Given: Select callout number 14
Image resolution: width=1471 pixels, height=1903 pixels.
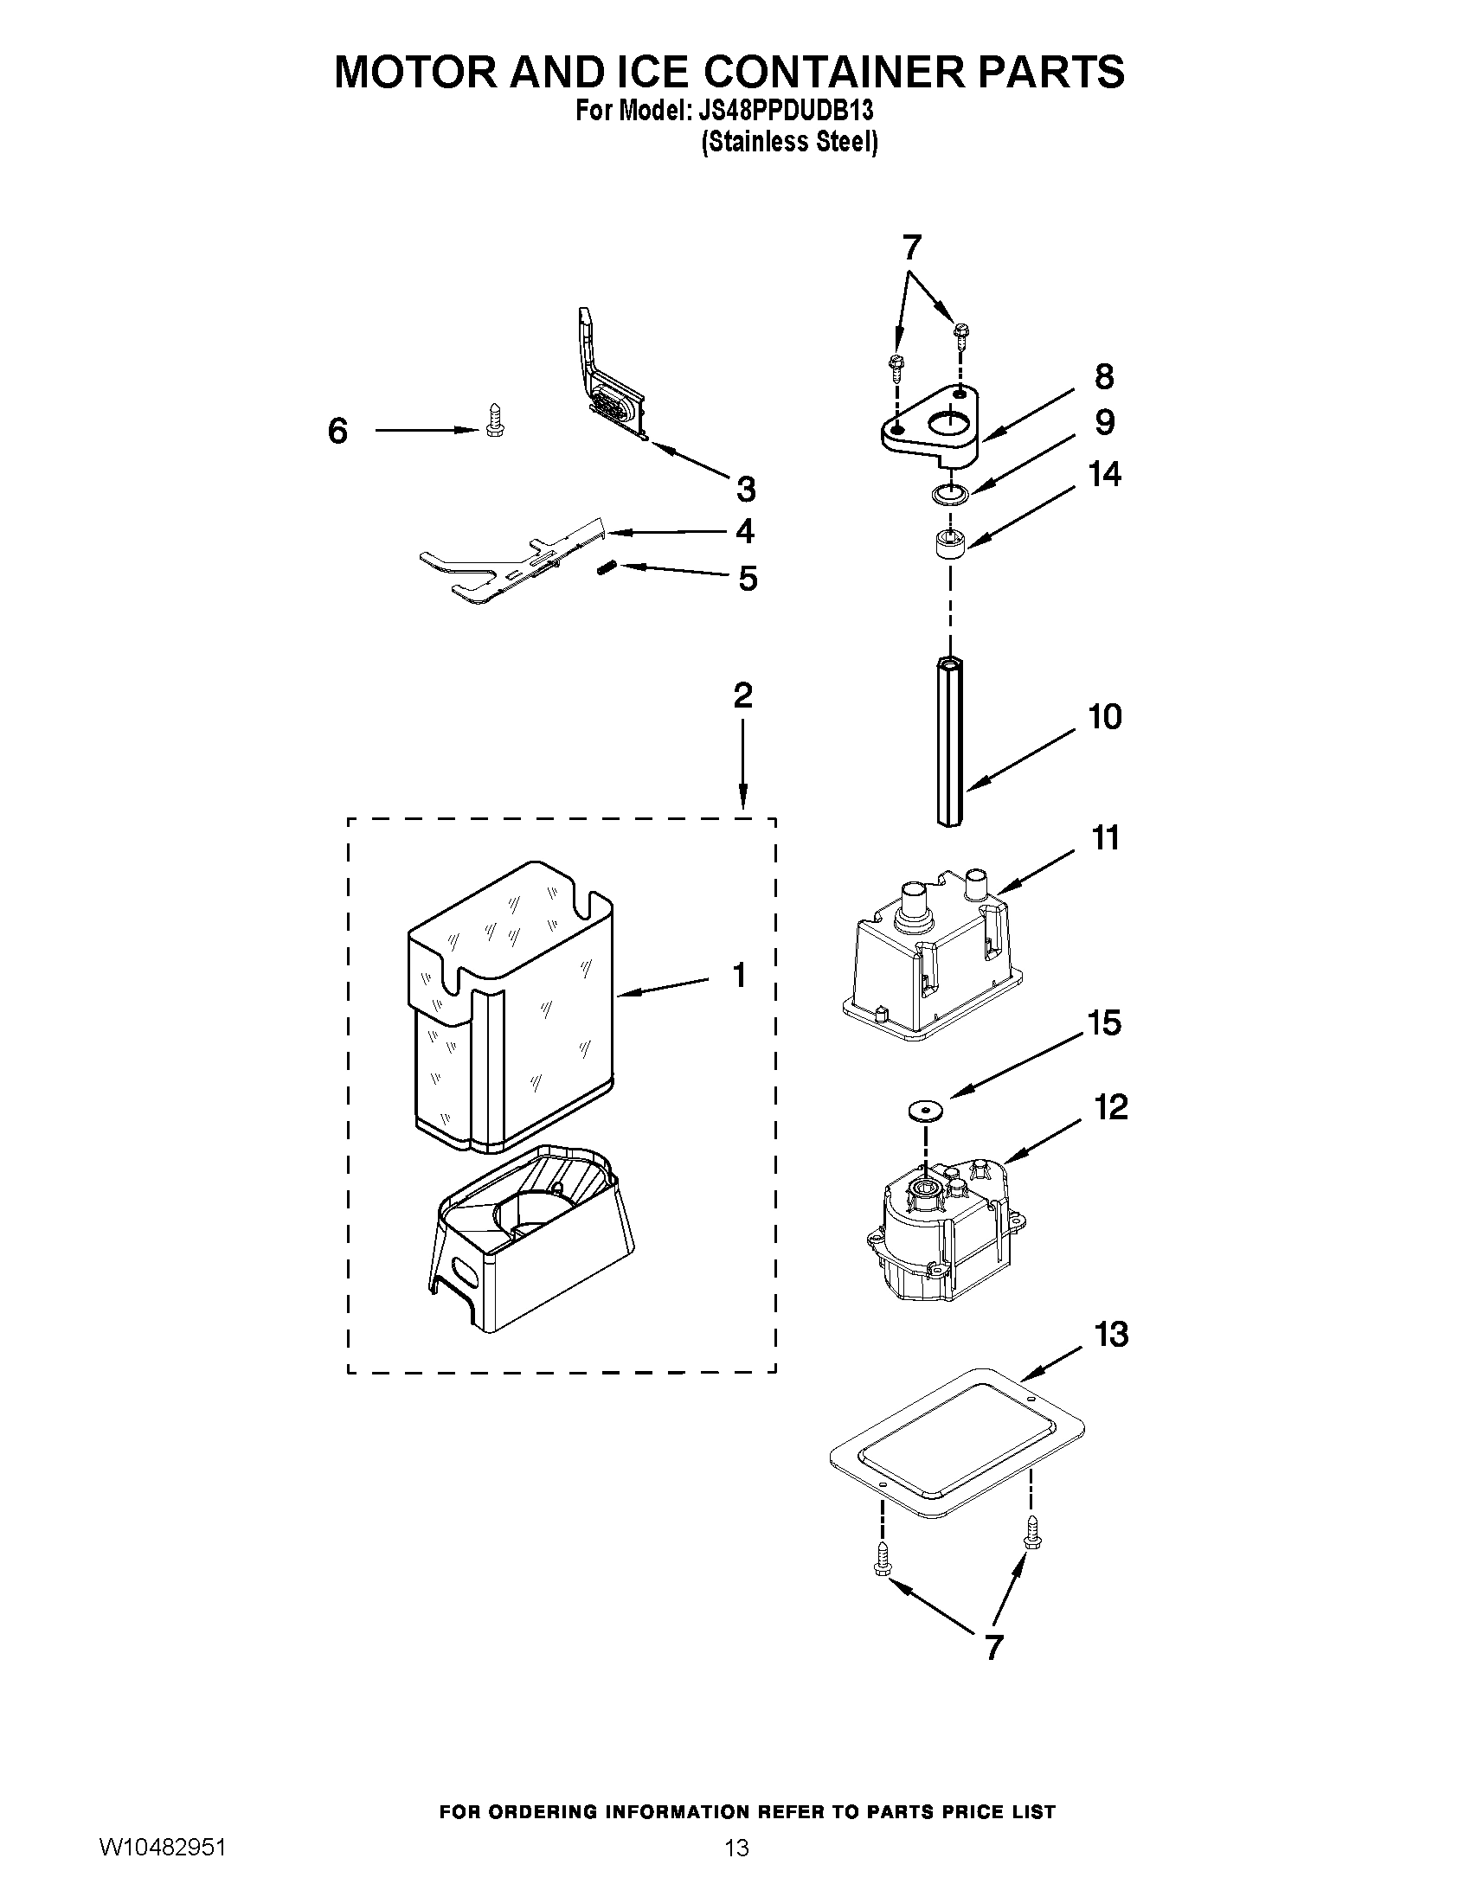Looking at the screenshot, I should [x=1104, y=474].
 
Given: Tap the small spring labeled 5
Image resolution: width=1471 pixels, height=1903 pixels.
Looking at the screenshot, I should [x=607, y=568].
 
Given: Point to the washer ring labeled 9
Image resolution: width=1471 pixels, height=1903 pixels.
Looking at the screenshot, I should [x=950, y=495].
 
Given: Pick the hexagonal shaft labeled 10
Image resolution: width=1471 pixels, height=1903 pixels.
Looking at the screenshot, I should [x=950, y=742].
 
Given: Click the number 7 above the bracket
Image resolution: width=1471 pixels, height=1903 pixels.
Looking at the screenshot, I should [x=911, y=247].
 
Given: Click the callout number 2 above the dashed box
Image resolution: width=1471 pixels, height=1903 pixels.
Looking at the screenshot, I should [x=742, y=695].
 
